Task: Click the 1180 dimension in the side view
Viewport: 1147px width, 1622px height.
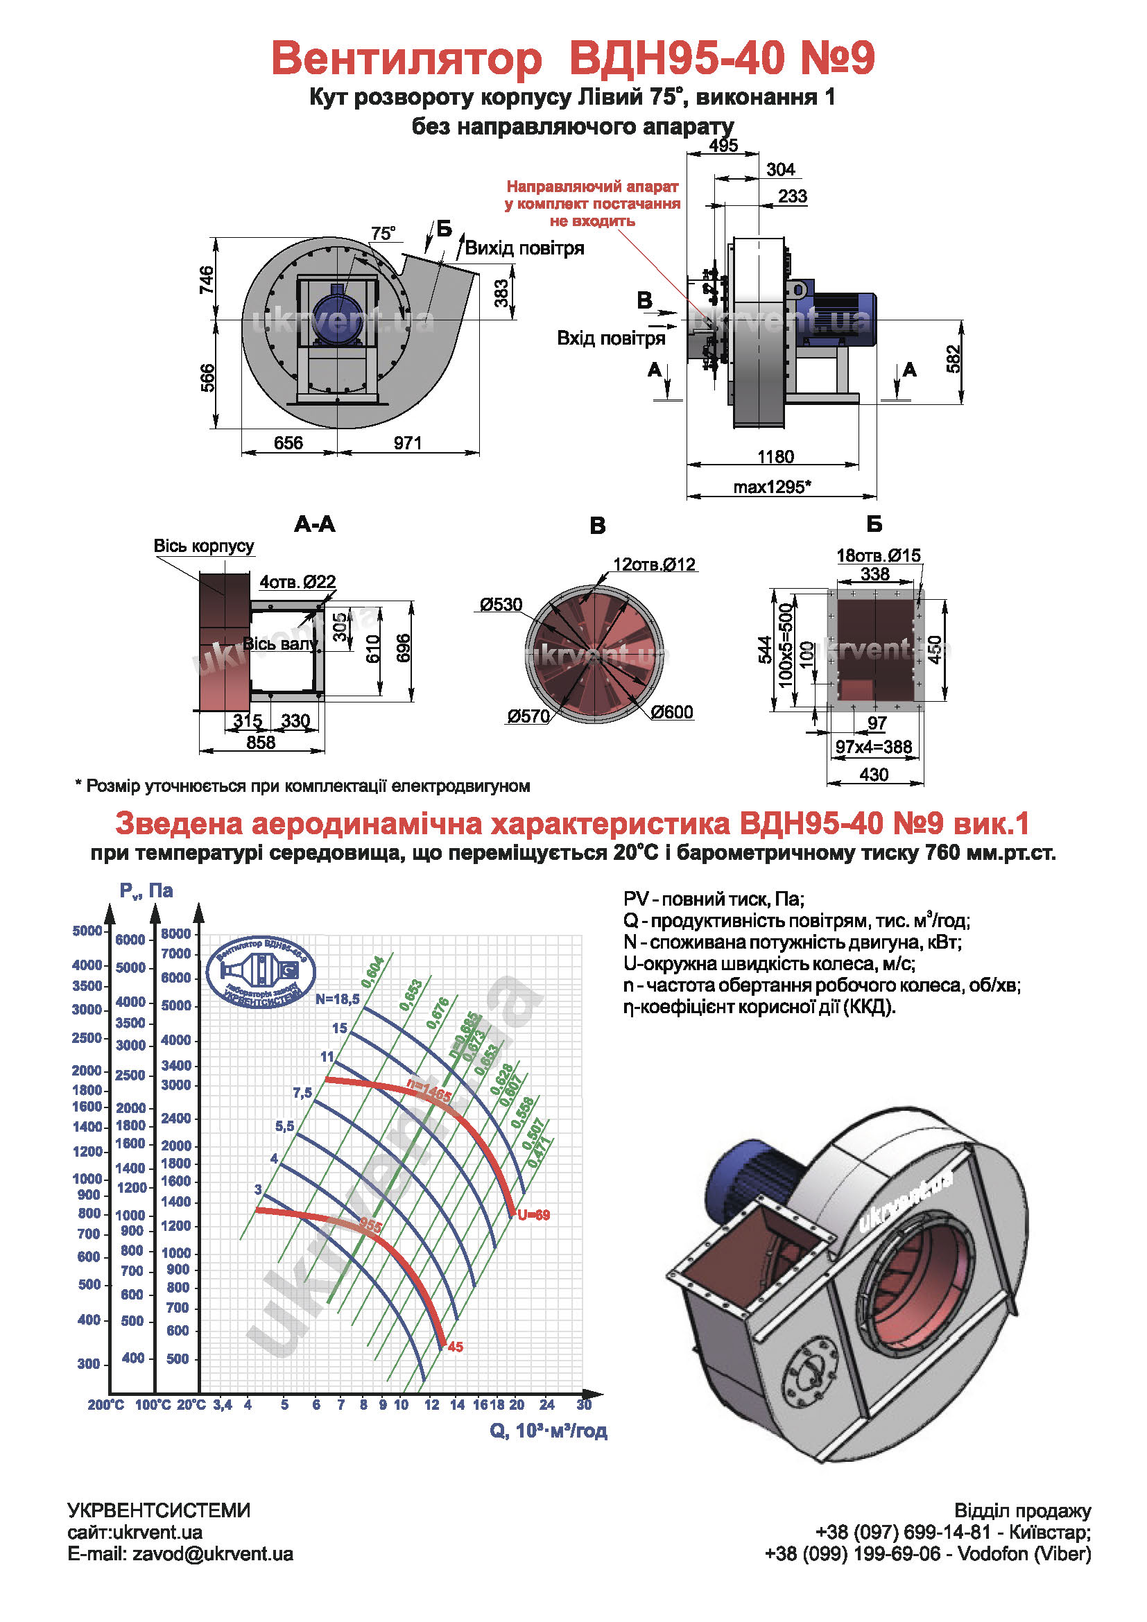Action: [775, 456]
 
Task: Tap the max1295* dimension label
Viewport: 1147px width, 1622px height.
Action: [771, 487]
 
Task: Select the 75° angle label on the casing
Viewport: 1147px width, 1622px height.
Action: [383, 234]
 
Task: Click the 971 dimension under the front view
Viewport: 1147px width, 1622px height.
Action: [408, 443]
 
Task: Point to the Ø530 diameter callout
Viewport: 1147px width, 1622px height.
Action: [501, 604]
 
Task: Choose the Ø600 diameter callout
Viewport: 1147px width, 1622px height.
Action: [672, 712]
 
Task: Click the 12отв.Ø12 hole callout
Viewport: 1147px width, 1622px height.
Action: [654, 564]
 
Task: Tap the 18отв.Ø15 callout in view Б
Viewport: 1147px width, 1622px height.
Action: [878, 555]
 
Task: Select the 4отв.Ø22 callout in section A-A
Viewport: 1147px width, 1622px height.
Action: [297, 582]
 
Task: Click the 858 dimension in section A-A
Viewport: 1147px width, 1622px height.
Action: [261, 743]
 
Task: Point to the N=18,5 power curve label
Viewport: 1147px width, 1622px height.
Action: [338, 999]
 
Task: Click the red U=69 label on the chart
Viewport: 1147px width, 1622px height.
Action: [533, 1215]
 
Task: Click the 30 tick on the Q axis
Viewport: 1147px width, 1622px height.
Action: [583, 1404]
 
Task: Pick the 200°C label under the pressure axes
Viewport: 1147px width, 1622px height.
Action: [106, 1405]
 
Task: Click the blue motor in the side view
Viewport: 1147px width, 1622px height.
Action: [844, 318]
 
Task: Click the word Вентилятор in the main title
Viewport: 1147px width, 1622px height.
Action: [406, 58]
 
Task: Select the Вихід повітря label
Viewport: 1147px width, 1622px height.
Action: [524, 248]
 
